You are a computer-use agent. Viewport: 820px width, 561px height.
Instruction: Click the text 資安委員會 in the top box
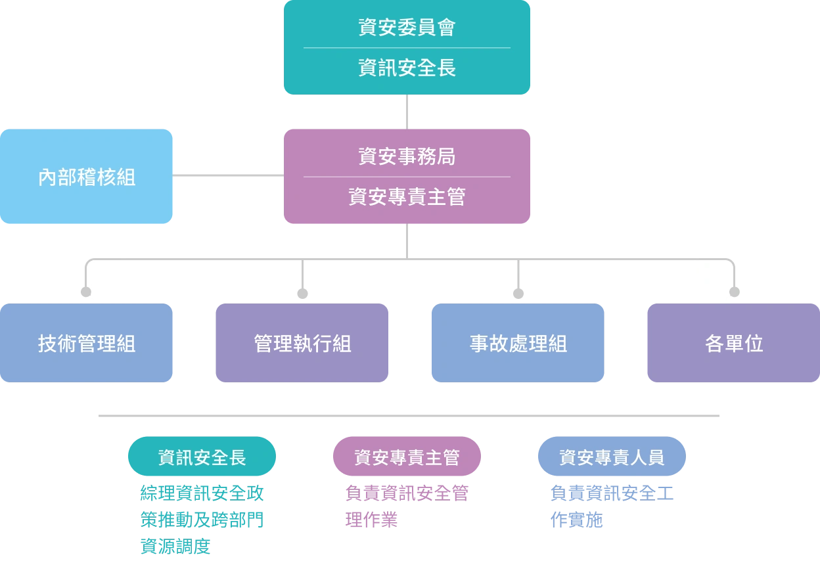click(407, 27)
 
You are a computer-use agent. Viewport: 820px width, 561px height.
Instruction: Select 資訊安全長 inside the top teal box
click(407, 68)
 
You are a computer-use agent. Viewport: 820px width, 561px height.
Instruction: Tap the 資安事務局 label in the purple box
click(407, 156)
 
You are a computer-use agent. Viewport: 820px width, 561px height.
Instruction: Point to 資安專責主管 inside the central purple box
click(407, 196)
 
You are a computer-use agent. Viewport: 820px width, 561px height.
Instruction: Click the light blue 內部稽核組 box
click(86, 177)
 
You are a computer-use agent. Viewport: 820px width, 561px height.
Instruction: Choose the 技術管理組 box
click(86, 343)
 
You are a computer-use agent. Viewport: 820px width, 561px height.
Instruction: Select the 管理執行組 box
click(302, 343)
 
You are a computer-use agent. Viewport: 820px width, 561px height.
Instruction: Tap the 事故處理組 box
click(518, 343)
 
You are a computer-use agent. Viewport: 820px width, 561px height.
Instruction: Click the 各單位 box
click(733, 343)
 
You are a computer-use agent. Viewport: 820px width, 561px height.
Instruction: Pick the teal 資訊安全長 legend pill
click(202, 457)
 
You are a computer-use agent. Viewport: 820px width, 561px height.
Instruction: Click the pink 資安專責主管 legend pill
click(407, 457)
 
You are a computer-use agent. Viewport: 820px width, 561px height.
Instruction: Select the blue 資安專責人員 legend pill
click(612, 457)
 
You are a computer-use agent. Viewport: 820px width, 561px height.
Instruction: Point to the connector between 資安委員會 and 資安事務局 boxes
click(407, 111)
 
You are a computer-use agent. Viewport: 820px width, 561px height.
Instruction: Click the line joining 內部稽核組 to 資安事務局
click(229, 176)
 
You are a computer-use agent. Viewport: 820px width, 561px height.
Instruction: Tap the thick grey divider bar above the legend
click(407, 415)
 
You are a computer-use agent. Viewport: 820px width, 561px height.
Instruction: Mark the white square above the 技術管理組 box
click(107, 280)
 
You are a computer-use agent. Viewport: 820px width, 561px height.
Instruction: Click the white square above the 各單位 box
click(712, 280)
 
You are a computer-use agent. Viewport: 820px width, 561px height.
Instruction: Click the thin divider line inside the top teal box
click(407, 48)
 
